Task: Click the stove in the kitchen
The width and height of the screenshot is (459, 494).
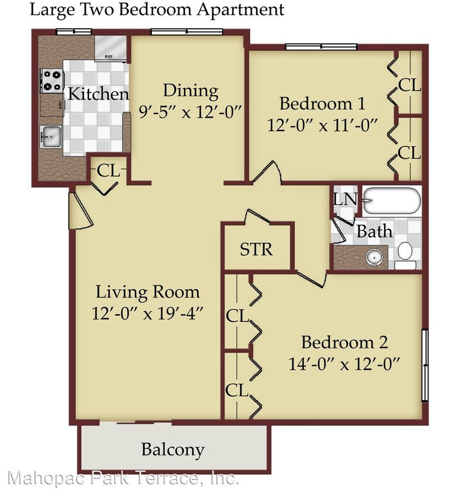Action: point(51,81)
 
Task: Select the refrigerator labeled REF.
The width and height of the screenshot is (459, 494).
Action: point(109,47)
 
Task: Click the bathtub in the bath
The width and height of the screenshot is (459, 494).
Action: point(391,201)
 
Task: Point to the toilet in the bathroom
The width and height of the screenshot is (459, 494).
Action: point(405,255)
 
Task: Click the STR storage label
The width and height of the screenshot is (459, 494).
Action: point(257,249)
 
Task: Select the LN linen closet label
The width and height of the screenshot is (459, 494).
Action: point(344,199)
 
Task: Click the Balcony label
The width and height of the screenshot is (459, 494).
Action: point(173,450)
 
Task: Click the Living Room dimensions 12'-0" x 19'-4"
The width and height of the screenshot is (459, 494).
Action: point(147,313)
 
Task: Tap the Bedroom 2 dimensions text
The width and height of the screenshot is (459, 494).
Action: point(344,363)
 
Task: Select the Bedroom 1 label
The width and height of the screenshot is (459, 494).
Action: point(322,104)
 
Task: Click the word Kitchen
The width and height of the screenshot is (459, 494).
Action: point(98,94)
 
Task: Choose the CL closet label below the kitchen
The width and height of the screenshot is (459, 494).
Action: point(108,171)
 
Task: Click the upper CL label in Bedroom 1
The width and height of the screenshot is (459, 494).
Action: point(409,85)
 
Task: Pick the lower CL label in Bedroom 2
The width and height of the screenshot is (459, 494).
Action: point(237,390)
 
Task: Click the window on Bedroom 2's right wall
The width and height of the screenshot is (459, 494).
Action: point(425,365)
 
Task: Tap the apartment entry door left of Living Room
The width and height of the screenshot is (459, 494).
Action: point(79,210)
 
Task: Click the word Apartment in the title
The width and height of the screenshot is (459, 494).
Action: point(239,9)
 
